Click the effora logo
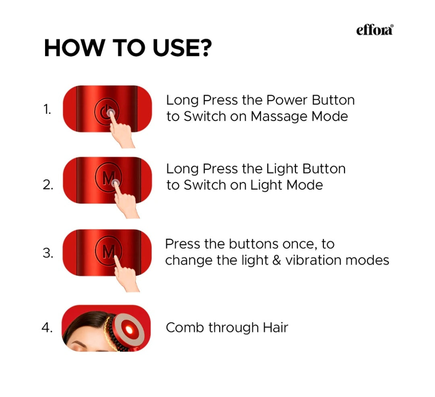[375, 30]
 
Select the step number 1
[47, 109]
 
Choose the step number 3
[48, 254]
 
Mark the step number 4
[47, 328]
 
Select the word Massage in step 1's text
[274, 117]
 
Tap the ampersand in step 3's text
[275, 260]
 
